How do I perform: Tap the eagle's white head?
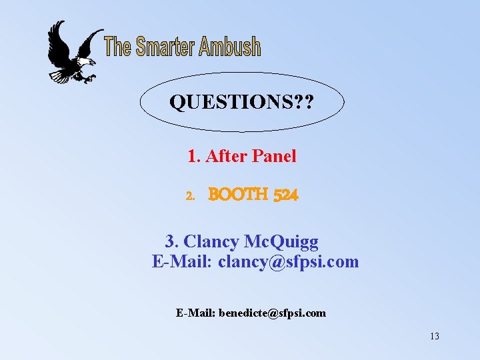pyautogui.click(x=86, y=63)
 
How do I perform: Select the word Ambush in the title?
pyautogui.click(x=229, y=47)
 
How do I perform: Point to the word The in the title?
pyautogui.click(x=118, y=47)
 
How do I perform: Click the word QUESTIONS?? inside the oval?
pyautogui.click(x=242, y=103)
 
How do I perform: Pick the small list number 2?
pyautogui.click(x=190, y=197)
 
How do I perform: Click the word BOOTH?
pyautogui.click(x=238, y=195)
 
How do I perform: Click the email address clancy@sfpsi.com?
pyautogui.click(x=289, y=261)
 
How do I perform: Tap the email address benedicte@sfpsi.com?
pyautogui.click(x=272, y=313)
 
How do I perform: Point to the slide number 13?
pyautogui.click(x=434, y=336)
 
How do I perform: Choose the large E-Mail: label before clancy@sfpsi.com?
pyautogui.click(x=182, y=261)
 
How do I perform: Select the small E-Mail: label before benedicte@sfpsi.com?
pyautogui.click(x=195, y=313)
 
